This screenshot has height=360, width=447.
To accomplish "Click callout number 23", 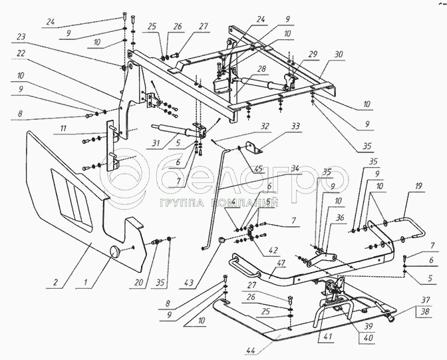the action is [x=21, y=37].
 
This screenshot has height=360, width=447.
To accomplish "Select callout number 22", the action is [x=21, y=53].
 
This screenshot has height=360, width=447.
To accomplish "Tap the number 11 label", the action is [x=63, y=128].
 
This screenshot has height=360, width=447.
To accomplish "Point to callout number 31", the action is [x=156, y=143].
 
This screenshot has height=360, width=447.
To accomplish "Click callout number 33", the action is [x=295, y=126].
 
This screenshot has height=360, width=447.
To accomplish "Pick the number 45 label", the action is [x=259, y=169].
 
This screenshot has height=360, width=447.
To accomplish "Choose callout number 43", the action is [x=189, y=283].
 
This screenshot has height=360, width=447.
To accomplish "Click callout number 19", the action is [x=418, y=186].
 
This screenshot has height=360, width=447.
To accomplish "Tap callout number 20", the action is [x=138, y=283].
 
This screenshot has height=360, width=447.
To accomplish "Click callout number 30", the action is [x=339, y=54].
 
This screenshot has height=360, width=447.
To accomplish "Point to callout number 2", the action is [x=55, y=282].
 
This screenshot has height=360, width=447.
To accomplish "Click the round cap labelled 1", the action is [x=116, y=250].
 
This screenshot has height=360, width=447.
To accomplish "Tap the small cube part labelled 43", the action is [x=222, y=240].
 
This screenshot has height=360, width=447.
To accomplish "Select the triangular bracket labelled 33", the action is [x=253, y=147].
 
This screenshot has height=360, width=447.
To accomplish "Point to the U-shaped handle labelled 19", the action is [x=411, y=228].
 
